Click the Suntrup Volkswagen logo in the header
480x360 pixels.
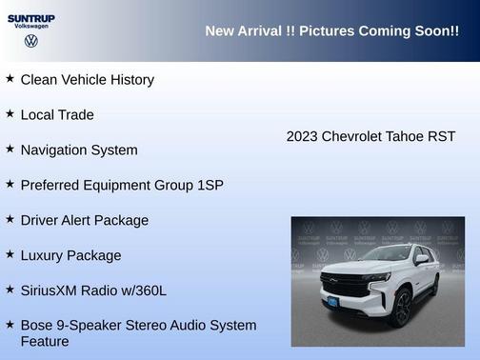tap(31, 30)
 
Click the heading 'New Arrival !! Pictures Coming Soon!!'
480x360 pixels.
tap(331, 31)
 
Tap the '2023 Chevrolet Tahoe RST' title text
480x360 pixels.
tap(370, 136)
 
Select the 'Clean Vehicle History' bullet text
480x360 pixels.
tap(87, 80)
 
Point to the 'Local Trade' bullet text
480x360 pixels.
tap(57, 115)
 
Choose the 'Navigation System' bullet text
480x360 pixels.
tap(79, 150)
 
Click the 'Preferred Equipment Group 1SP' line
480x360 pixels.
tap(122, 185)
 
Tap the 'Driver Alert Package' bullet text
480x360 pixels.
tap(85, 220)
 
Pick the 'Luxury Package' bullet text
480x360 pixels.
tap(70, 255)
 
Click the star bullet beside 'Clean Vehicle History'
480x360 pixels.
tap(10, 79)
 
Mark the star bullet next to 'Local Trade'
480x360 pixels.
tap(10, 114)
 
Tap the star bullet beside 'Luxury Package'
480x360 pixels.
tap(10, 254)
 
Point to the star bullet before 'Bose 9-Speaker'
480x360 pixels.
tap(10, 325)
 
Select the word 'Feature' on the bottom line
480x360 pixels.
tap(45, 341)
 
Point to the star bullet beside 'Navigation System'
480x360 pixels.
tap(10, 150)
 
